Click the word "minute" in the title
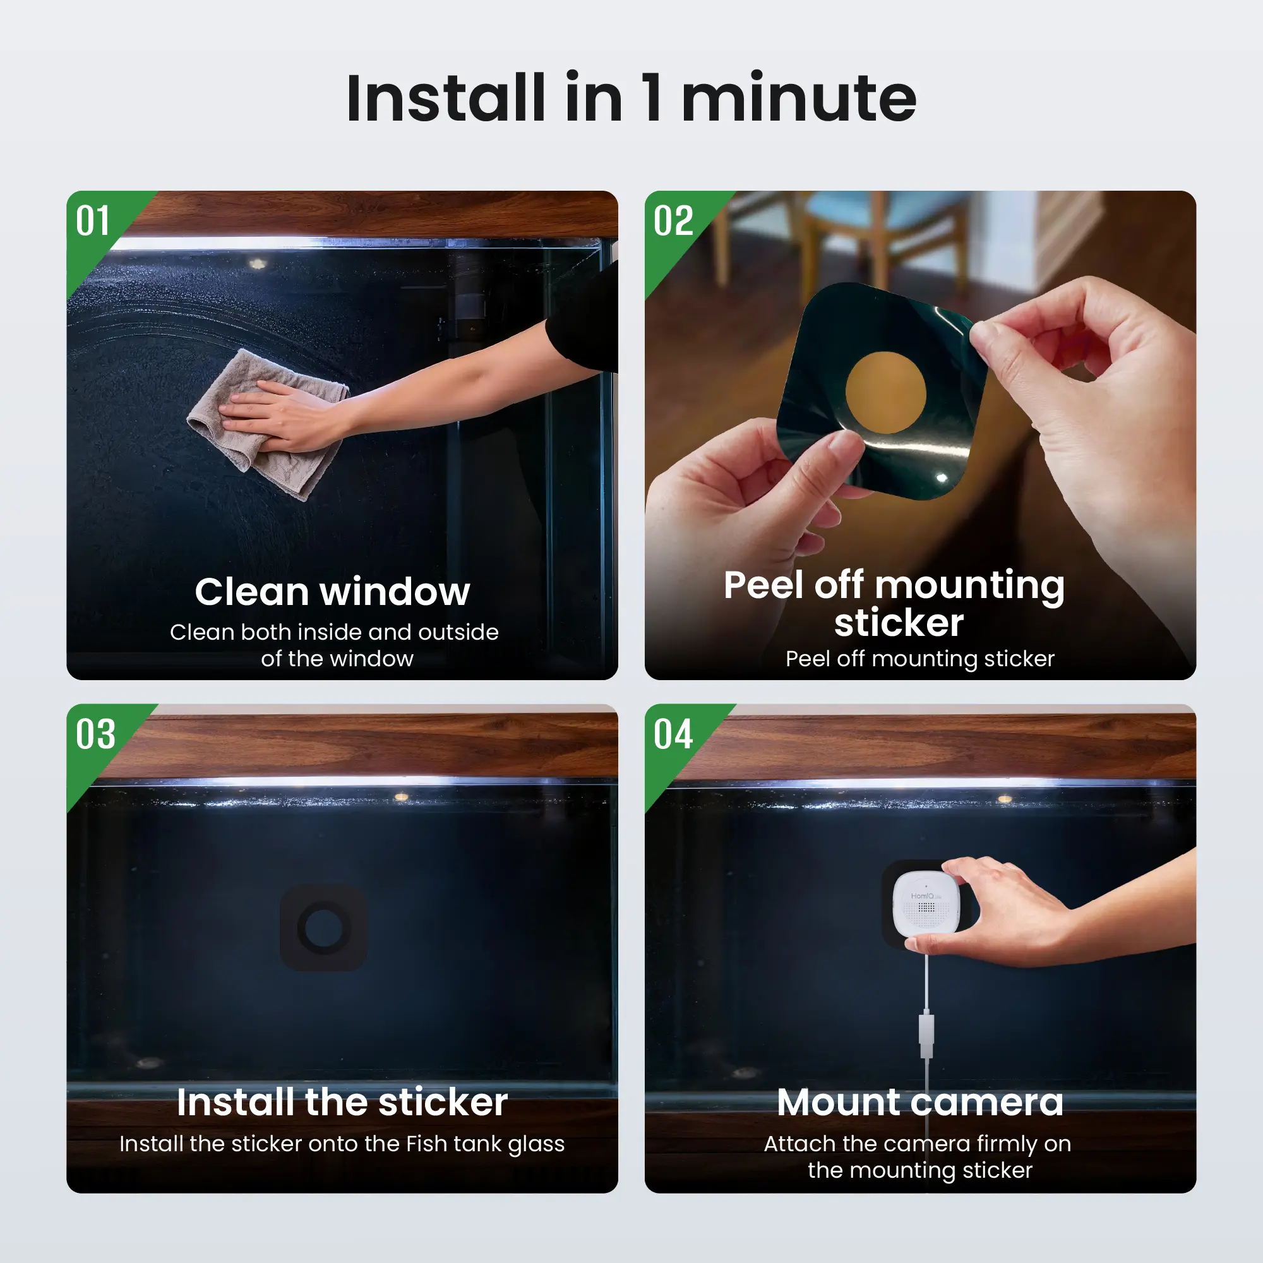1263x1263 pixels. tap(799, 98)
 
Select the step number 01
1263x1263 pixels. tap(93, 221)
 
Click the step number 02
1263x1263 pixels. tap(673, 221)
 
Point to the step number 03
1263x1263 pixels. tap(95, 734)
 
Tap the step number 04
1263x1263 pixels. tap(673, 734)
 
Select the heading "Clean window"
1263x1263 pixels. tap(332, 592)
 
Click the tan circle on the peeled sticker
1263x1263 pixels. tap(886, 392)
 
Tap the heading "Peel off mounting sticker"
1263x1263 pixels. tap(894, 602)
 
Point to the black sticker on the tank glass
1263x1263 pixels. tap(323, 928)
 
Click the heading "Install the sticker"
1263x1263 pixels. tap(342, 1102)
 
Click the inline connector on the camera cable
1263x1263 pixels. tap(926, 1034)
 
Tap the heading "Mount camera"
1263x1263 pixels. tap(921, 1102)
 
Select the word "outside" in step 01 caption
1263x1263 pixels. tap(458, 632)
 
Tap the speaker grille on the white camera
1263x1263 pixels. tap(926, 907)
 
